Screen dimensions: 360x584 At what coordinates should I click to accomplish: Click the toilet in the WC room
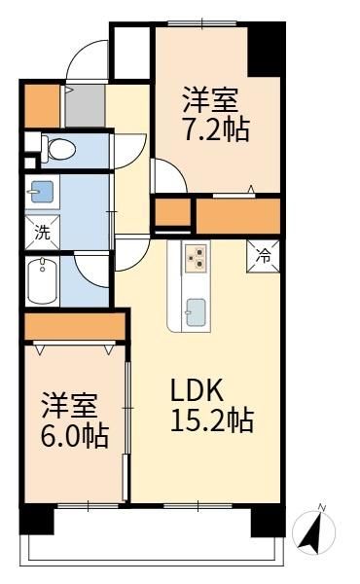(x=58, y=150)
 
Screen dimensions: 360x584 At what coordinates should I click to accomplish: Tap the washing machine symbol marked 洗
(x=42, y=233)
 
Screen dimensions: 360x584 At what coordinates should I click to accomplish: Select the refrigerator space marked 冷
(x=264, y=256)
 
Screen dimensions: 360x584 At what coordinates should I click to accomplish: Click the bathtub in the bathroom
(x=42, y=281)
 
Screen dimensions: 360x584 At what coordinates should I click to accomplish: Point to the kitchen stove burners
(x=196, y=257)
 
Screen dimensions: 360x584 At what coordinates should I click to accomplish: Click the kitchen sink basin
(x=196, y=312)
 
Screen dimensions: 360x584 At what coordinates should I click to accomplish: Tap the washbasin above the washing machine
(x=42, y=192)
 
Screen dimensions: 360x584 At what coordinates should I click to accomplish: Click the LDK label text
(x=197, y=389)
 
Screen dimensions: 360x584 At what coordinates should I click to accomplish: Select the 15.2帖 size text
(x=212, y=420)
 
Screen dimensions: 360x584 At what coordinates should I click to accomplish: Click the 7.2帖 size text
(x=217, y=129)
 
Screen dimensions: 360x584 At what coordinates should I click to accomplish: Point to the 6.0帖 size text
(x=75, y=435)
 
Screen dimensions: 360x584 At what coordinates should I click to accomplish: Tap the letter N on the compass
(x=322, y=507)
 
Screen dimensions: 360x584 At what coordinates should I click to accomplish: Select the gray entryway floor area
(x=86, y=106)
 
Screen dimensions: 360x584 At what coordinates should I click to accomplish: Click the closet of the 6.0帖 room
(x=75, y=326)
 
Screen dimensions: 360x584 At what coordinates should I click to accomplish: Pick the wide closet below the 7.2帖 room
(x=237, y=216)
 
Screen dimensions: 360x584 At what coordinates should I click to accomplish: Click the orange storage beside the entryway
(x=42, y=106)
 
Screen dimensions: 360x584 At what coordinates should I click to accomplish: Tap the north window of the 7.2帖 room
(x=202, y=23)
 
